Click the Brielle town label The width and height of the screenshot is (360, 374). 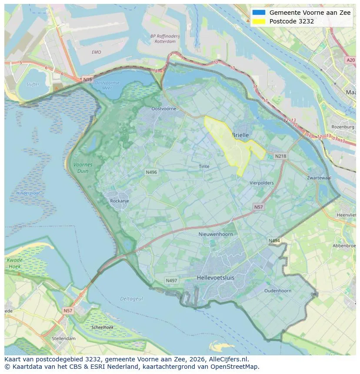tap(240, 135)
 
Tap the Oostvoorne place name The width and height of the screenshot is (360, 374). tap(163, 109)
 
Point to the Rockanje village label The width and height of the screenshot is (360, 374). tap(120, 201)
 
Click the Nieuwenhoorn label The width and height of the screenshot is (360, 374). tap(216, 234)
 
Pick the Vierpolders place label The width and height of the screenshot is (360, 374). tap(262, 183)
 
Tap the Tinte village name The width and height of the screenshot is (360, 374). tap(204, 166)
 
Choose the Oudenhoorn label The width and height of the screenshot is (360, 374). tap(278, 291)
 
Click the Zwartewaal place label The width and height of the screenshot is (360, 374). tap(319, 178)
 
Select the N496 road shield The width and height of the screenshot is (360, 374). tap(151, 172)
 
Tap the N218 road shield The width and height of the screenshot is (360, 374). tap(280, 156)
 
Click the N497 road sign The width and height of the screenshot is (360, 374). tap(171, 281)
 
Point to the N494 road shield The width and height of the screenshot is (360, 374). tap(274, 241)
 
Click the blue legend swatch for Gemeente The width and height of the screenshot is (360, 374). tap(258, 13)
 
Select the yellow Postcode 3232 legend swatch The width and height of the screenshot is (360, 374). tap(258, 21)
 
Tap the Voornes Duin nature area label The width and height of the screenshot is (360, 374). tap(83, 168)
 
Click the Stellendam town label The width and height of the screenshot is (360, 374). tap(63, 338)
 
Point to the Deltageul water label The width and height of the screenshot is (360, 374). tap(131, 298)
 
